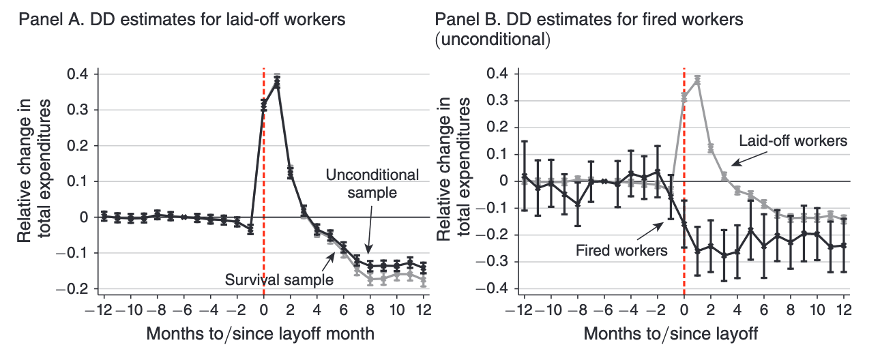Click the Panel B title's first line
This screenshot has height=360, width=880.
(589, 19)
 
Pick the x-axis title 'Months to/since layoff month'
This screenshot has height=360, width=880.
(260, 335)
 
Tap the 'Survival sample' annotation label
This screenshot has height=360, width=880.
(278, 280)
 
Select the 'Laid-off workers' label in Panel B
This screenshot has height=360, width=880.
(793, 141)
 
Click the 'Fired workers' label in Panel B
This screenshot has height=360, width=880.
(621, 250)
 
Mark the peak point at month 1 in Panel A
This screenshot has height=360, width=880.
(277, 81)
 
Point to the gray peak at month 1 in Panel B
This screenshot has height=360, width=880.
(698, 80)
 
